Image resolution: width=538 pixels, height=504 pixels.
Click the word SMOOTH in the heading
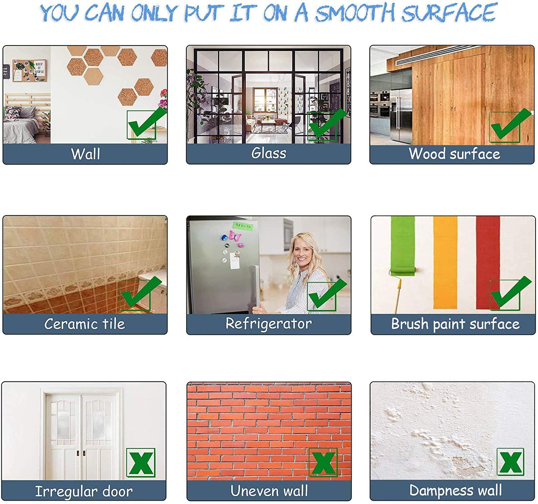click(355, 13)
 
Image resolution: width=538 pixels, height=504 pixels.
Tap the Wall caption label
click(86, 154)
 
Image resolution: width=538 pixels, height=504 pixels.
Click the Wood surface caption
click(454, 154)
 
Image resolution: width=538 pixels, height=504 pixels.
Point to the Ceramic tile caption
click(85, 324)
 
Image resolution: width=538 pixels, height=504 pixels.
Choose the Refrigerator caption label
click(268, 324)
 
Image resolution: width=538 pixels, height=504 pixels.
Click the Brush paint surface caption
click(456, 324)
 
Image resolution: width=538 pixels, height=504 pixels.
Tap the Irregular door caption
click(84, 491)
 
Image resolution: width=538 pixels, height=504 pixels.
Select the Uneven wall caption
click(269, 491)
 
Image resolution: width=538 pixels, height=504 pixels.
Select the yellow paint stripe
click(445, 263)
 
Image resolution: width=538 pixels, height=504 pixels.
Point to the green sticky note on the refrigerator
click(243, 226)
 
